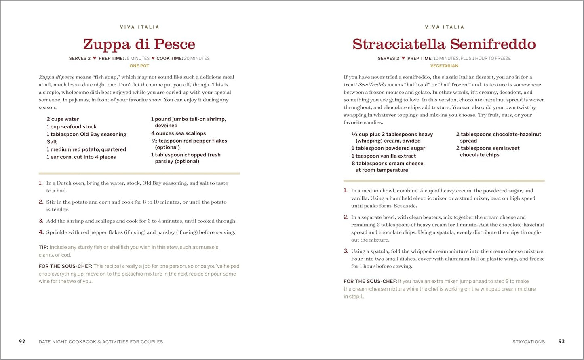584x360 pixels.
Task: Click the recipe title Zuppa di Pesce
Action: (139, 44)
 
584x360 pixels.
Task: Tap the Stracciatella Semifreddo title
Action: (444, 44)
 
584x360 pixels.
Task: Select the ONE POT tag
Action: (139, 66)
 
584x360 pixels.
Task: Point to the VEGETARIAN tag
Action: (444, 66)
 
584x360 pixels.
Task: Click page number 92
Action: (22, 341)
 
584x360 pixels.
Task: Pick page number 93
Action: (561, 341)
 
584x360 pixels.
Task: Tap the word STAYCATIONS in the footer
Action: (528, 342)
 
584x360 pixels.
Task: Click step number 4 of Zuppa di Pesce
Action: (41, 232)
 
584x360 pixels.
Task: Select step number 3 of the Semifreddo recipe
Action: (346, 251)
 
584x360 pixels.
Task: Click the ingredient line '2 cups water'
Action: (63, 119)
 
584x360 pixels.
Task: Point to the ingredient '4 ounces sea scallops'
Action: (178, 133)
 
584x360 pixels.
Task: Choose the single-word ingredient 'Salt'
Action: (52, 142)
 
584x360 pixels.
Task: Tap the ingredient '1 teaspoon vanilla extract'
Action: (384, 156)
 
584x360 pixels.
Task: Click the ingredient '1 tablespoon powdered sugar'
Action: (388, 148)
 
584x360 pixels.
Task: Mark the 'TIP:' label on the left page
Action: (44, 247)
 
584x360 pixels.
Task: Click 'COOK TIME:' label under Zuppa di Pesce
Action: (169, 58)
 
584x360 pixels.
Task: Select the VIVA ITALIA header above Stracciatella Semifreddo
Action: (444, 27)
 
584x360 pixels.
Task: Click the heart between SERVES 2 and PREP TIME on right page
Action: (403, 58)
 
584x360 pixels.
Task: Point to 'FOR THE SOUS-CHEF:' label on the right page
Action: (370, 281)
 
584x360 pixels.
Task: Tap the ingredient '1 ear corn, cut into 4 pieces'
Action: (81, 157)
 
